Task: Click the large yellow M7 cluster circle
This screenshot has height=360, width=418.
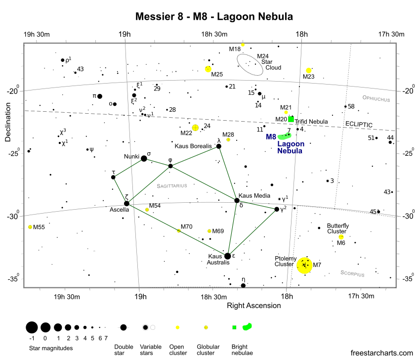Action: (x=304, y=265)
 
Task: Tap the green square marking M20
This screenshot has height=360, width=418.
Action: (x=291, y=119)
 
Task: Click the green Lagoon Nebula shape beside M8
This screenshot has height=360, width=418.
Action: (x=285, y=136)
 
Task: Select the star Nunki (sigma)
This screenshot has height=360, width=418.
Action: (x=144, y=159)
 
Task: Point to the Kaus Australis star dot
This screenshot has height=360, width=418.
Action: (x=227, y=256)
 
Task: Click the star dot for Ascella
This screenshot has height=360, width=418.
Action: (x=126, y=204)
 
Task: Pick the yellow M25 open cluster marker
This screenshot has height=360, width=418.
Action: (x=208, y=69)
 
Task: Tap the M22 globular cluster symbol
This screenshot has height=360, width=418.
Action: (x=195, y=128)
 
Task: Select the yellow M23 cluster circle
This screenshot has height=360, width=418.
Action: (x=309, y=70)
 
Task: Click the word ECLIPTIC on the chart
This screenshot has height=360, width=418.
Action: (x=359, y=124)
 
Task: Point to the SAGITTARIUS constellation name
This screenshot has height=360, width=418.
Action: (x=172, y=186)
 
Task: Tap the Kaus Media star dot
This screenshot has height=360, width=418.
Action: (x=237, y=200)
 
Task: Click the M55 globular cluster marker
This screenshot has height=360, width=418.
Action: (x=30, y=227)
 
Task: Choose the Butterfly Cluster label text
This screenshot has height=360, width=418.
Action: (x=338, y=228)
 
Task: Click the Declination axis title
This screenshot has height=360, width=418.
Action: (x=8, y=122)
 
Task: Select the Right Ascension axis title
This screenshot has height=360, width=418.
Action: (x=254, y=306)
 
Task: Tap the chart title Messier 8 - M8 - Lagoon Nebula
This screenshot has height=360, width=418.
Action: (x=214, y=16)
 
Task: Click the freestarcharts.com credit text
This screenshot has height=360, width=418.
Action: (x=382, y=353)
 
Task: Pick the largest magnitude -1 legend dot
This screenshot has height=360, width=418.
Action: (x=32, y=327)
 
